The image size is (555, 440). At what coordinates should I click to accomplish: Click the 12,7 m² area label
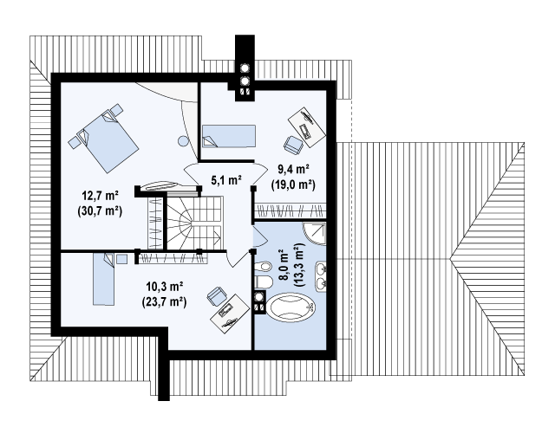pos(101,195)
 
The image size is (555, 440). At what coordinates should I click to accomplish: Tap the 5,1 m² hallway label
pos(226,181)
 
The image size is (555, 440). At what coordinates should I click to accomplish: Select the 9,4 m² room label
pos(293,170)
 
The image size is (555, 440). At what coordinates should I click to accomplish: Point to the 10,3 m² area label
pos(165,287)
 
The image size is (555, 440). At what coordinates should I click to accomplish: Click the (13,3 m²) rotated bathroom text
pos(299,264)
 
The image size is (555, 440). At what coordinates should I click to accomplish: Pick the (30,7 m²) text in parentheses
pos(100,211)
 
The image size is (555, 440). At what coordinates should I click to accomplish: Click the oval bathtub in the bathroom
pos(291,307)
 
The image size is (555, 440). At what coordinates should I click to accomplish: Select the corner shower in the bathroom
pos(314,233)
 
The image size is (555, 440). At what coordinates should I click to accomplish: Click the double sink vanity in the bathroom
pos(322,276)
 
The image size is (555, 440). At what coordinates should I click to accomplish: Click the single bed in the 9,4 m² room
pos(229,136)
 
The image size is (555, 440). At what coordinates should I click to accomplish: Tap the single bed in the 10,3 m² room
pos(104,279)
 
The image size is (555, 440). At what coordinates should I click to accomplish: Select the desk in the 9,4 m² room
pos(306,126)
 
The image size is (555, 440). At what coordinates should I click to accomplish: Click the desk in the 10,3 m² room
pos(230,314)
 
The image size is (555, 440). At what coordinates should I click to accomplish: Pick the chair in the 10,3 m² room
pos(216,296)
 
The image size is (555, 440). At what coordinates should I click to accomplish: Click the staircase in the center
pos(194,223)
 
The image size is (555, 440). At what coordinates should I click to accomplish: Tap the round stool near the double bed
pos(183,141)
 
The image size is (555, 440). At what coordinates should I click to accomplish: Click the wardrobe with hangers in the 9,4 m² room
pos(291,211)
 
